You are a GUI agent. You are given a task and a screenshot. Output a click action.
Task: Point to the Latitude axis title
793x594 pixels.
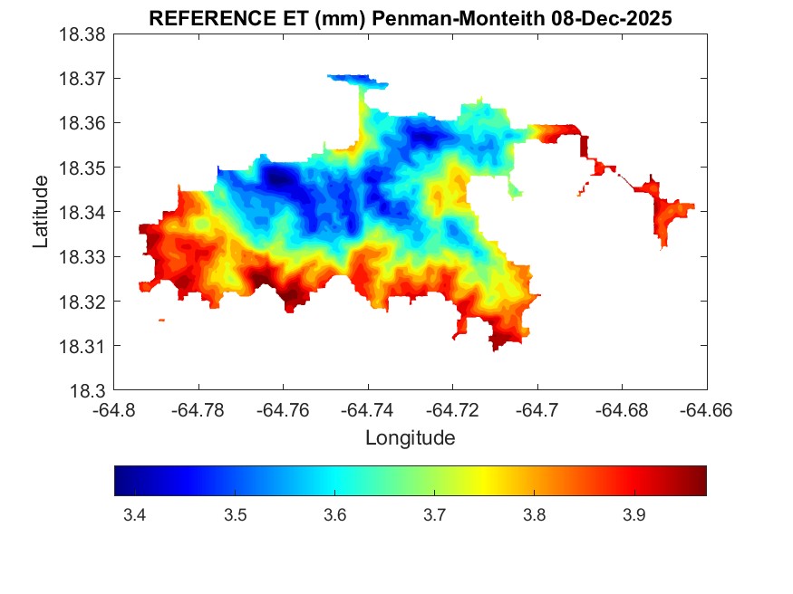(x=41, y=212)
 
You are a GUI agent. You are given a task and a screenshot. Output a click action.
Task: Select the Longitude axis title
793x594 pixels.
(x=410, y=438)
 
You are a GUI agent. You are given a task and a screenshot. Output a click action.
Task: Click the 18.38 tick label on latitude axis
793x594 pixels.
(x=83, y=34)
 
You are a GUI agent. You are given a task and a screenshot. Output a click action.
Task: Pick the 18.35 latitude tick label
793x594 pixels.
(x=83, y=168)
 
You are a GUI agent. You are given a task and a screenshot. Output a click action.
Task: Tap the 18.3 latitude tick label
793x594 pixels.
(x=89, y=391)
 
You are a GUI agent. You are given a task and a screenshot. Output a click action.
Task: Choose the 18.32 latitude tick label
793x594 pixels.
(x=83, y=302)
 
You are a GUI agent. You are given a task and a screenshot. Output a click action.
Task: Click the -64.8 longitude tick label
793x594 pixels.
(x=114, y=409)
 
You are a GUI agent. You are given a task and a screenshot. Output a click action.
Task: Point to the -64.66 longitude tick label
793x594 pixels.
(x=706, y=409)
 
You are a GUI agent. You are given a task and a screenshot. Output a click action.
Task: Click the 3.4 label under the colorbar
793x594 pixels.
(x=135, y=515)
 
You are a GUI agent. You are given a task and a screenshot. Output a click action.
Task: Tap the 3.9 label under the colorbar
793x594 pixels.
(x=633, y=515)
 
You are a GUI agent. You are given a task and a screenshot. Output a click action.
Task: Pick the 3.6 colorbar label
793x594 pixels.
(x=334, y=515)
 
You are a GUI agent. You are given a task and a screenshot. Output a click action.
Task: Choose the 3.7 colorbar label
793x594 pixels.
(x=434, y=515)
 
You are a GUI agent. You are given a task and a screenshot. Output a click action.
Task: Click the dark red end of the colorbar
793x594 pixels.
(x=698, y=481)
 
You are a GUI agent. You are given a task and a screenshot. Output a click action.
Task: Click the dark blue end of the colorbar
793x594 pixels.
(x=123, y=481)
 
